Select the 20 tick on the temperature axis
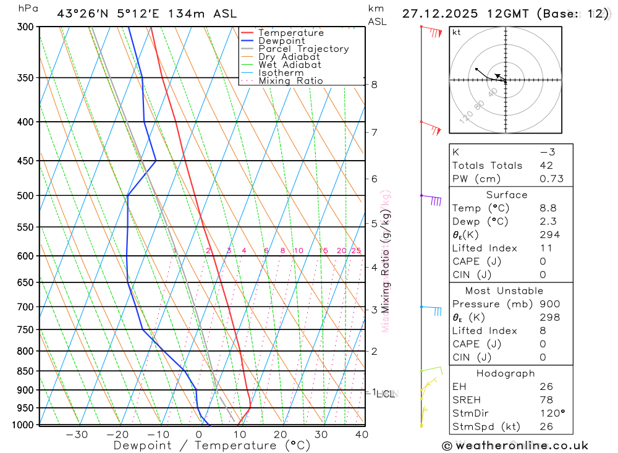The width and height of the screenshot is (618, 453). [281, 434]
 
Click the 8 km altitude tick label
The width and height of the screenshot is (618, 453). [375, 85]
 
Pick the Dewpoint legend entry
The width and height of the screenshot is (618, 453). [281, 41]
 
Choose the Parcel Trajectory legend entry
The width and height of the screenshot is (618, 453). [303, 49]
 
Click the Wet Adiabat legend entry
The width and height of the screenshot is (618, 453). [289, 65]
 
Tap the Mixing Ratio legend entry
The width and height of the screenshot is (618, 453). [290, 81]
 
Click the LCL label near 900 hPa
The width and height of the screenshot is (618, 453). [387, 394]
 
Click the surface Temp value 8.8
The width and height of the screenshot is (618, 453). [547, 208]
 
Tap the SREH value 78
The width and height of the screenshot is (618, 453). [546, 400]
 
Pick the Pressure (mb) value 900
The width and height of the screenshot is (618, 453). [549, 304]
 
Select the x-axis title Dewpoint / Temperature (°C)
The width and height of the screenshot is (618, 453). [211, 446]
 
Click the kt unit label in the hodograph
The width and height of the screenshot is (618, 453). [457, 32]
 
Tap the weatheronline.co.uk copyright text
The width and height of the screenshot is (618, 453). [515, 446]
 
